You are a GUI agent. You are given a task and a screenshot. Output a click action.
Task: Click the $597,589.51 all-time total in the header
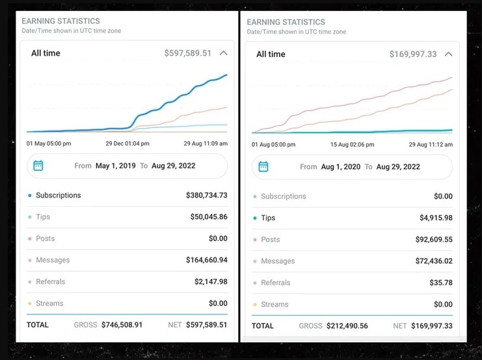click(187, 53)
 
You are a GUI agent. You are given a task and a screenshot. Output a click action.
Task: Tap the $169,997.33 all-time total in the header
click(413, 55)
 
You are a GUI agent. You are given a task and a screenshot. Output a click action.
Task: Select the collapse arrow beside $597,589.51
click(223, 53)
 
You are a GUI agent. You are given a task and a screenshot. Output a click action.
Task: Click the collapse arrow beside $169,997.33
click(448, 55)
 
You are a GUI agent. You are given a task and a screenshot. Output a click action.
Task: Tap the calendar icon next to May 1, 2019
click(38, 166)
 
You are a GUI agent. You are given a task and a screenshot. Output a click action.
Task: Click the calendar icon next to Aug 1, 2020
click(263, 167)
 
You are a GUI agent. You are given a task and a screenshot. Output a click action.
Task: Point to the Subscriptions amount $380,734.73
click(206, 195)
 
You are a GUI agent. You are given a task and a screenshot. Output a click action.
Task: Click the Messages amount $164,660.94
click(206, 260)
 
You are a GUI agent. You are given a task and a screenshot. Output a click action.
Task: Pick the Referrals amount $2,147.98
click(211, 281)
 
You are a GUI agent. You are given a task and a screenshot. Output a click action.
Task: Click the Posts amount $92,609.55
click(433, 239)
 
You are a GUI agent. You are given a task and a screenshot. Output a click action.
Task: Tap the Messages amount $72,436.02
click(433, 261)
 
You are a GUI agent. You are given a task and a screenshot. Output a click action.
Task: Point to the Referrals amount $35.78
click(441, 283)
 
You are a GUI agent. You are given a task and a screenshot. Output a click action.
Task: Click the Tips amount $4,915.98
click(436, 218)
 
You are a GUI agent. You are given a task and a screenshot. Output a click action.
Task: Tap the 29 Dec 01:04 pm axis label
click(127, 144)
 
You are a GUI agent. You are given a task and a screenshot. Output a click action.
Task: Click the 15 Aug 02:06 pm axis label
click(352, 144)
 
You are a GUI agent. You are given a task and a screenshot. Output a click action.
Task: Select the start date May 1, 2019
click(115, 166)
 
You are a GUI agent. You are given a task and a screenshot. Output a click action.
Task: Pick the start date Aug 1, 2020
click(340, 167)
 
